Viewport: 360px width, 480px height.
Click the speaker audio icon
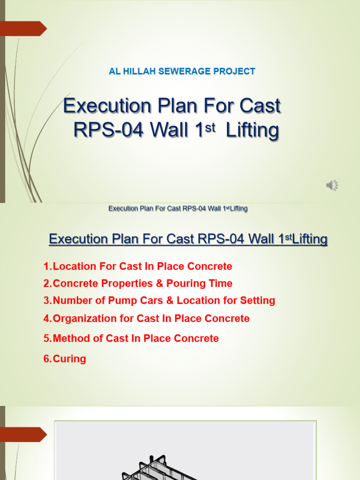[332, 186]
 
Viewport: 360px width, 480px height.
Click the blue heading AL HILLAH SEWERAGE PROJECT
[182, 71]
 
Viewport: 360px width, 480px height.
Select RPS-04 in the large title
[111, 130]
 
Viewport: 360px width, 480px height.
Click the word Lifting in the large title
[252, 131]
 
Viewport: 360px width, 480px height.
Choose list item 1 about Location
[137, 266]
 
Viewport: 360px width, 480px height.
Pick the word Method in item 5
[70, 338]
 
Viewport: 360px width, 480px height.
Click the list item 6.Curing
[65, 359]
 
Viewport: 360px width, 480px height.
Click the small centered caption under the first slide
[178, 209]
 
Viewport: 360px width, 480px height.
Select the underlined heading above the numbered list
[188, 240]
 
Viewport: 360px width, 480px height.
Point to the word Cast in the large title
[260, 106]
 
